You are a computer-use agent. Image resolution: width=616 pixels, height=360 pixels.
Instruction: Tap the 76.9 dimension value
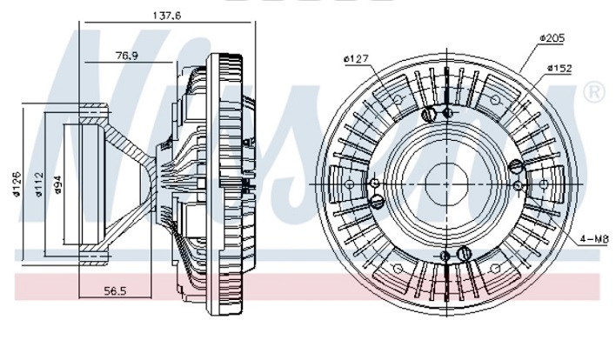pos(128,55)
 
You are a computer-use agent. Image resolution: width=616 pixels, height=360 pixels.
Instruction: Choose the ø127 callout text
pos(357,59)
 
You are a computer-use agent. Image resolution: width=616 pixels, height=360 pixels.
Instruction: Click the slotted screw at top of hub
pos(427,115)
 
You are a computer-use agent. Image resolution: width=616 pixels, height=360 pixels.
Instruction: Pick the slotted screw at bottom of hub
pos(463,253)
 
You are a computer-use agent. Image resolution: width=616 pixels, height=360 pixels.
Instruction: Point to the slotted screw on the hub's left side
pos(376,201)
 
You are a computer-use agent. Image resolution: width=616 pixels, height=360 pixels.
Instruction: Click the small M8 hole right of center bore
pos(518,184)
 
